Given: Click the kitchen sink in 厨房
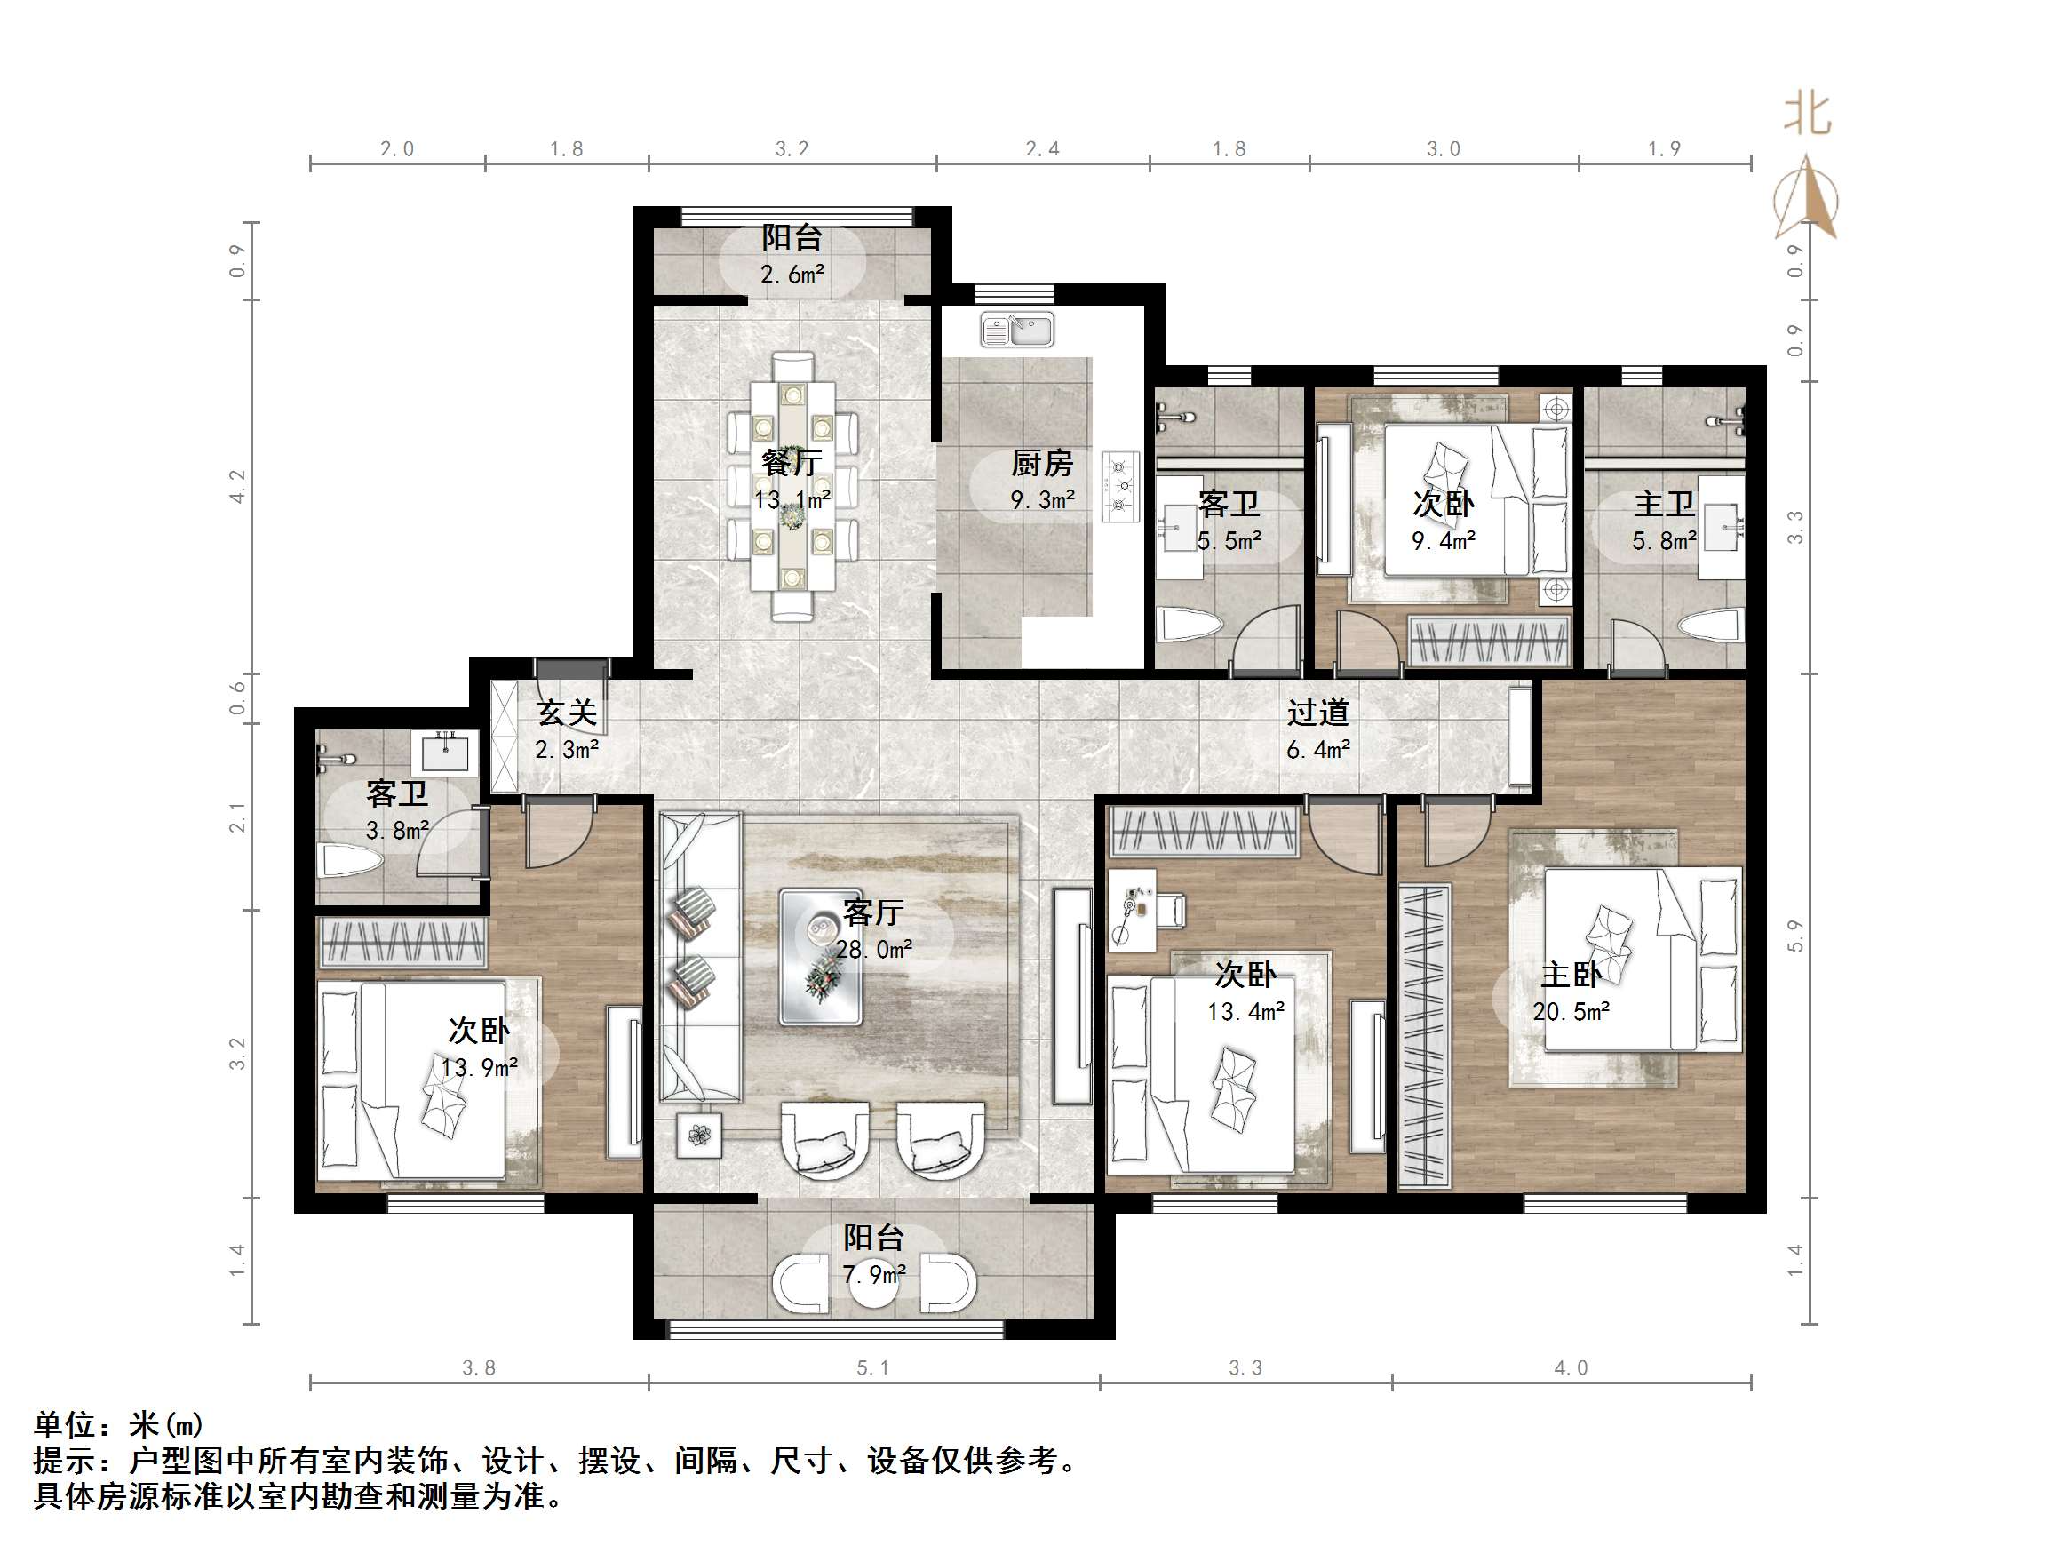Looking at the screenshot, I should [1017, 330].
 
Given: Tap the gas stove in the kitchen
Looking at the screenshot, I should [1121, 485].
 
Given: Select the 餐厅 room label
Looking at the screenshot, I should [791, 462].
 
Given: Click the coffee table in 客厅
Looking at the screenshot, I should [821, 956].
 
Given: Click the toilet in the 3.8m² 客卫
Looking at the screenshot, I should [349, 861].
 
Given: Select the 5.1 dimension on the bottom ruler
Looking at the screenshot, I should [873, 1368].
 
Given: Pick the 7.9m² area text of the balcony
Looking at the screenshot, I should [874, 1275].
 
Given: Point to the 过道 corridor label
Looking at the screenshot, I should [1317, 713].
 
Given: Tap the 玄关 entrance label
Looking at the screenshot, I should [567, 713].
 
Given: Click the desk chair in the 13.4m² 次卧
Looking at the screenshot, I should [1171, 910].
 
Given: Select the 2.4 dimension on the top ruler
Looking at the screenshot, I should [1042, 149].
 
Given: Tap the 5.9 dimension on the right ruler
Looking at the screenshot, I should [1795, 936].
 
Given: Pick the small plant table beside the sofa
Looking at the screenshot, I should [699, 1135].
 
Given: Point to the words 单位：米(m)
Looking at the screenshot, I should [118, 1425].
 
